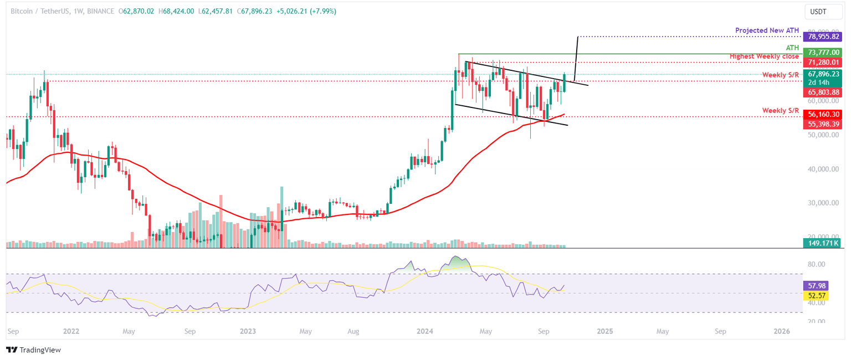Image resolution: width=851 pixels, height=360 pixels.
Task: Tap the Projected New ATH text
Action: point(767,30)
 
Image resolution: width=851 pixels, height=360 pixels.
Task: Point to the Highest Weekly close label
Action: point(764,56)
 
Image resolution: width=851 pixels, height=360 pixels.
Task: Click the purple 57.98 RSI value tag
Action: point(814,286)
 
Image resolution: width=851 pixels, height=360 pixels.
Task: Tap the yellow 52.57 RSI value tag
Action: point(814,296)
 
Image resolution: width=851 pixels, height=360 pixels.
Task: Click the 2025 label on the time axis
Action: point(605,332)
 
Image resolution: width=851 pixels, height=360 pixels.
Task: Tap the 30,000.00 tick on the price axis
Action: point(824,203)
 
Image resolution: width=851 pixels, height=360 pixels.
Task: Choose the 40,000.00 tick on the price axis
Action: point(824,169)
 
